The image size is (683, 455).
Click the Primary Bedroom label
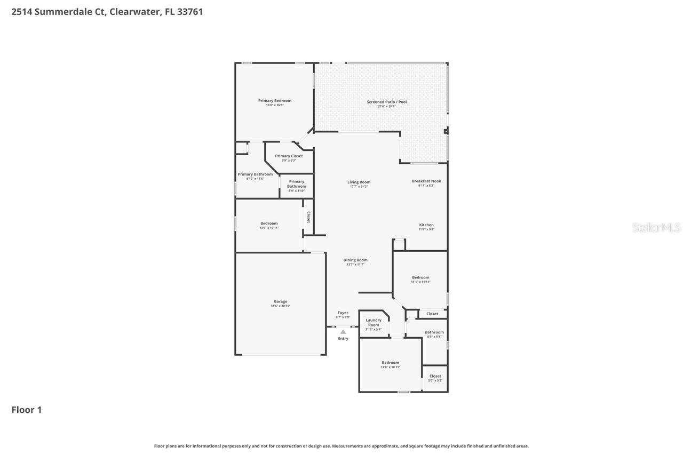pos(275,101)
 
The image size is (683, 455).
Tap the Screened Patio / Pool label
pos(387,102)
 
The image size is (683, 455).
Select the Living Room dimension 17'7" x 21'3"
pos(359,187)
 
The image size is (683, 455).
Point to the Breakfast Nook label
pos(426,181)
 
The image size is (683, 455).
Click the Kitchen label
pos(426,225)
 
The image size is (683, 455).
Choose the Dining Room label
pos(355,260)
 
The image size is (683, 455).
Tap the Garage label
pos(281,301)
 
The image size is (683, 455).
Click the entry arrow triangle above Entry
pos(343,332)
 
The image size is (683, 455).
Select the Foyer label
pos(343,313)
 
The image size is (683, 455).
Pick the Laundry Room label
pos(374,322)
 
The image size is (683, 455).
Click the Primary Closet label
pos(289,156)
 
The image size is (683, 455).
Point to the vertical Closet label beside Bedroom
pos(308,217)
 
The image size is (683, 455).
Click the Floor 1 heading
pos(27,410)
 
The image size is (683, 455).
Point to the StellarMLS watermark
pos(656,228)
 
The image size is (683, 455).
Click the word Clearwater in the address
pos(136,12)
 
